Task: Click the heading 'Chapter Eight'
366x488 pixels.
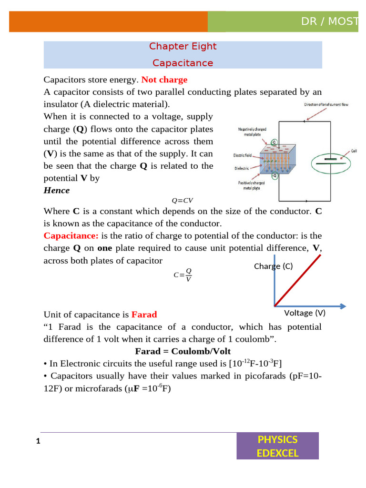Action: pyautogui.click(x=183, y=46)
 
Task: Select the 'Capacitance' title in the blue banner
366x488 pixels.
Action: pyautogui.click(x=183, y=63)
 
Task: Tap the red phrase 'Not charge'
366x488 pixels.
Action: pyautogui.click(x=164, y=80)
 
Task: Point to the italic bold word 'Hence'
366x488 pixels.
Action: pyautogui.click(x=57, y=191)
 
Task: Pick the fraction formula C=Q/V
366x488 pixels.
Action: pyautogui.click(x=183, y=274)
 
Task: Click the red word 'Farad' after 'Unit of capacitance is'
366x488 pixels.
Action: pyautogui.click(x=144, y=315)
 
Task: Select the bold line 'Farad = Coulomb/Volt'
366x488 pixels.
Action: pyautogui.click(x=183, y=352)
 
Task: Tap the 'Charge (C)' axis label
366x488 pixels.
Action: pyautogui.click(x=273, y=266)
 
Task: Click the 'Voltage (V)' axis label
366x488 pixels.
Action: pyautogui.click(x=305, y=313)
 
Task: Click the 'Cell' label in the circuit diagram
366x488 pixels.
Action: pyautogui.click(x=354, y=151)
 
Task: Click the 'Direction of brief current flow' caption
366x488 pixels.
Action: pyautogui.click(x=326, y=104)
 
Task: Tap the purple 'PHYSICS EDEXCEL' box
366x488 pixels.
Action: pyautogui.click(x=277, y=446)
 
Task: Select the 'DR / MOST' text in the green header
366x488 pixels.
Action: pyautogui.click(x=329, y=22)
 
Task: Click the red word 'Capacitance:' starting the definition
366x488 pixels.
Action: pyautogui.click(x=71, y=235)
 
